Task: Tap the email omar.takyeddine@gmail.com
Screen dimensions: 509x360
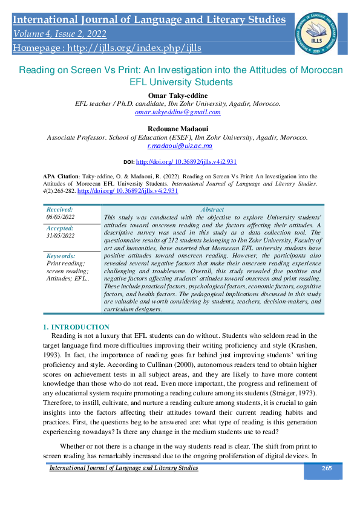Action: coord(177,112)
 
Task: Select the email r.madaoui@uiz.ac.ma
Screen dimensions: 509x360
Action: coord(180,146)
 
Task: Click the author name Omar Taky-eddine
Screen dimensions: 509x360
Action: coord(177,95)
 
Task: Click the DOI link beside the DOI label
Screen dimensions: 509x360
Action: coord(186,163)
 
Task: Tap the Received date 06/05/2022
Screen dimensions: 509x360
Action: coord(61,216)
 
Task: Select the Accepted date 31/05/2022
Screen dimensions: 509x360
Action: coord(61,236)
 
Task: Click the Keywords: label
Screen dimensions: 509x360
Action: coord(61,256)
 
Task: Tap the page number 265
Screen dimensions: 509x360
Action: coord(327,468)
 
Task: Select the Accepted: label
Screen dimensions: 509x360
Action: coord(60,229)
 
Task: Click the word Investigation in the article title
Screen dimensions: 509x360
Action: coord(205,70)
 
